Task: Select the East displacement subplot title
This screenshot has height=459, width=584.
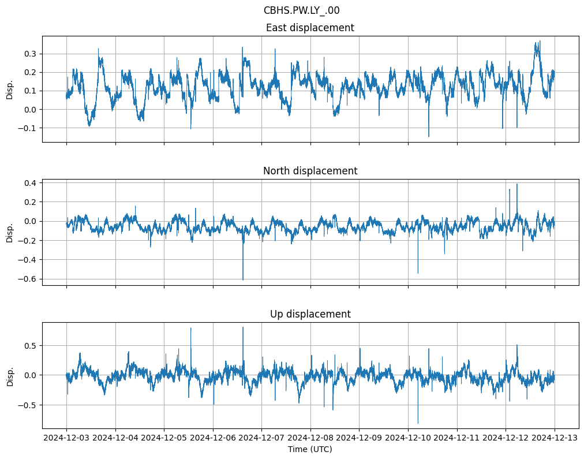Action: click(310, 28)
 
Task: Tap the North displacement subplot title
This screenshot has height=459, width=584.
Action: click(310, 171)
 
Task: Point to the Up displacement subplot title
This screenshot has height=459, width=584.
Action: click(310, 314)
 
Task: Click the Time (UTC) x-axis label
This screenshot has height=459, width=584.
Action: click(310, 449)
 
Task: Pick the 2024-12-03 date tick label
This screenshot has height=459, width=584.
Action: click(66, 438)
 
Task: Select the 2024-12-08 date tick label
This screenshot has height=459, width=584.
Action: click(310, 438)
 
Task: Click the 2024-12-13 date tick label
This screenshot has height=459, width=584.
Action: click(555, 438)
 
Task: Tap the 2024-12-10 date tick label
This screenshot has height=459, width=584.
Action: click(408, 438)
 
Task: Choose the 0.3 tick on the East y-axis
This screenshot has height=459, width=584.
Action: click(29, 54)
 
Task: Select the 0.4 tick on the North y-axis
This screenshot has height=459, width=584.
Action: click(29, 183)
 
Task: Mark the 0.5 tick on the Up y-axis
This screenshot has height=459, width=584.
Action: click(29, 345)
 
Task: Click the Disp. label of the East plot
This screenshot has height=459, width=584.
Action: click(10, 89)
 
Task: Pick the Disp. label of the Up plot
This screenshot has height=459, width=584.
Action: click(10, 375)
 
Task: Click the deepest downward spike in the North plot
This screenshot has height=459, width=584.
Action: click(243, 279)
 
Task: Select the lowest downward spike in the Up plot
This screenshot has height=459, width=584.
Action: click(418, 423)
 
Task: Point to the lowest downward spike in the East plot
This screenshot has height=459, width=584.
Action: click(429, 136)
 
